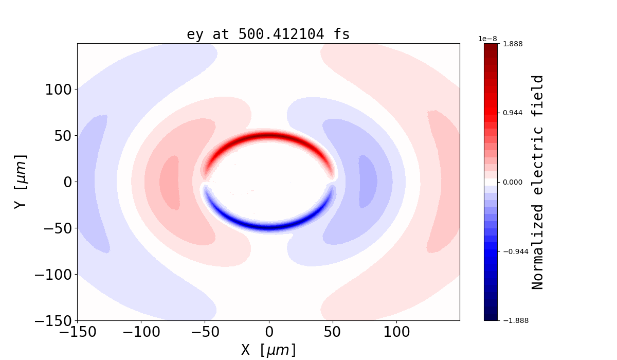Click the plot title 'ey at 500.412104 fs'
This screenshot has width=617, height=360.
pyautogui.click(x=268, y=34)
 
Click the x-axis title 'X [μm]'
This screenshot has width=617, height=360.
pyautogui.click(x=268, y=350)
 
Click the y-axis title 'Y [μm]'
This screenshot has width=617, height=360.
pyautogui.click(x=21, y=182)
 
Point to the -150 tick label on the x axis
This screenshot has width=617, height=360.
pyautogui.click(x=78, y=332)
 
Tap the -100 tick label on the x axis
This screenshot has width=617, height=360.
pyautogui.click(x=141, y=332)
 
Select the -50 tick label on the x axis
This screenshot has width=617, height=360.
pyautogui.click(x=205, y=332)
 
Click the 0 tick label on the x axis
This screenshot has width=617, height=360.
pyautogui.click(x=269, y=332)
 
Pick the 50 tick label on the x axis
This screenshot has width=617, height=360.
pyautogui.click(x=333, y=332)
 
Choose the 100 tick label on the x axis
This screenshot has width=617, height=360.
pyautogui.click(x=396, y=332)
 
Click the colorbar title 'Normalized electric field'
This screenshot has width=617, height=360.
pyautogui.click(x=538, y=182)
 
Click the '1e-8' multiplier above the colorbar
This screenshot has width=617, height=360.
pyautogui.click(x=487, y=39)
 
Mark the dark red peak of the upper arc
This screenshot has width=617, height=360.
pyautogui.click(x=268, y=136)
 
